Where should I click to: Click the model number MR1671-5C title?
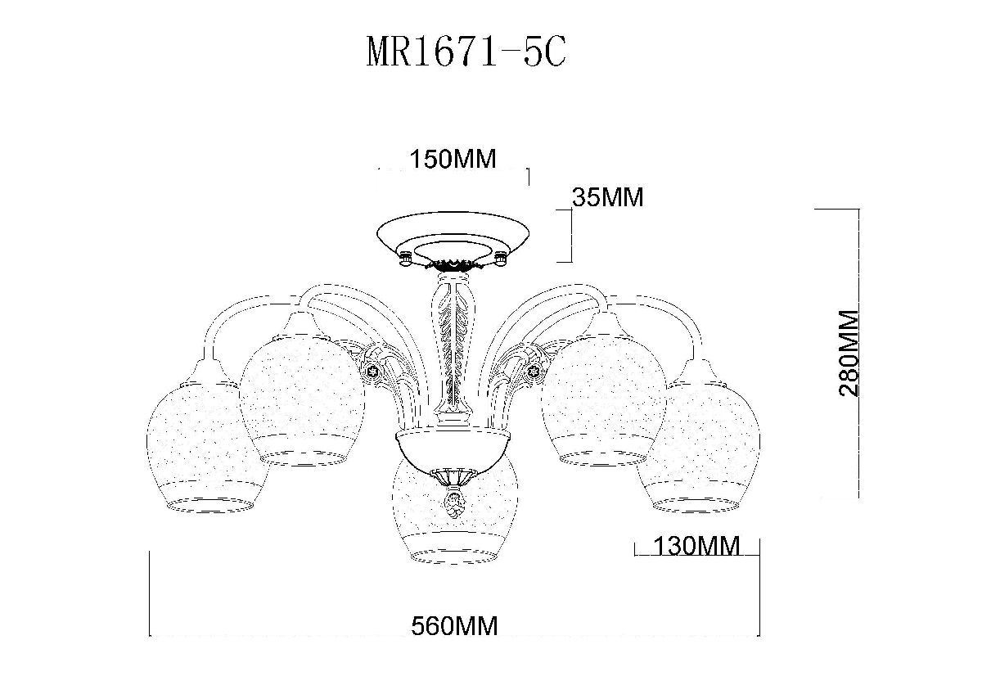[x=466, y=52]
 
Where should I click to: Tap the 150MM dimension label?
[x=453, y=159]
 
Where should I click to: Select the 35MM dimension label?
[x=607, y=197]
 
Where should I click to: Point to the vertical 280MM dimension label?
[x=849, y=354]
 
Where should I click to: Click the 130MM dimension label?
[x=696, y=546]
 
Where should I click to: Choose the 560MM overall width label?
[x=454, y=626]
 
